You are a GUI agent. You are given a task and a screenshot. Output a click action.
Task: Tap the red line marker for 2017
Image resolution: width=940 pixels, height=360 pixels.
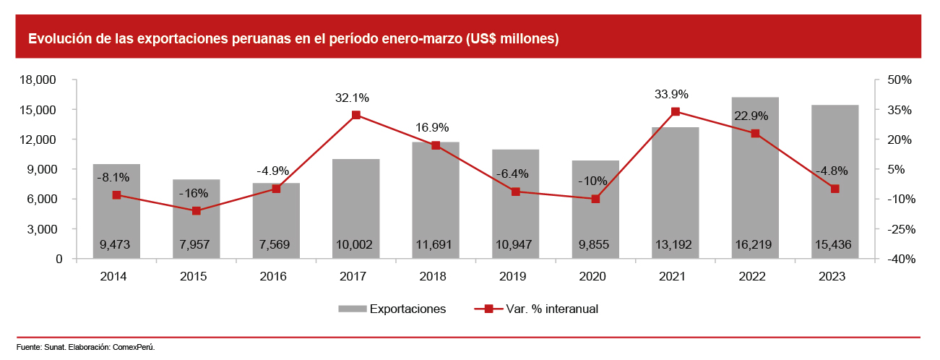[356, 115]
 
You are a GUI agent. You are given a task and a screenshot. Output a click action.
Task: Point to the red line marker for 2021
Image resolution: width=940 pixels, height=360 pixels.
[676, 111]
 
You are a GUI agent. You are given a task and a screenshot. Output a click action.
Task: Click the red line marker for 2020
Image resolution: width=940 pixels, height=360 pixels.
[595, 199]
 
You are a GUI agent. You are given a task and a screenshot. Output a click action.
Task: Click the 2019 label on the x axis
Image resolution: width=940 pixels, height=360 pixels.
[515, 277]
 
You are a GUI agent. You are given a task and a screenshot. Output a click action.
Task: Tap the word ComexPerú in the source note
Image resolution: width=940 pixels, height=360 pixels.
[134, 347]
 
